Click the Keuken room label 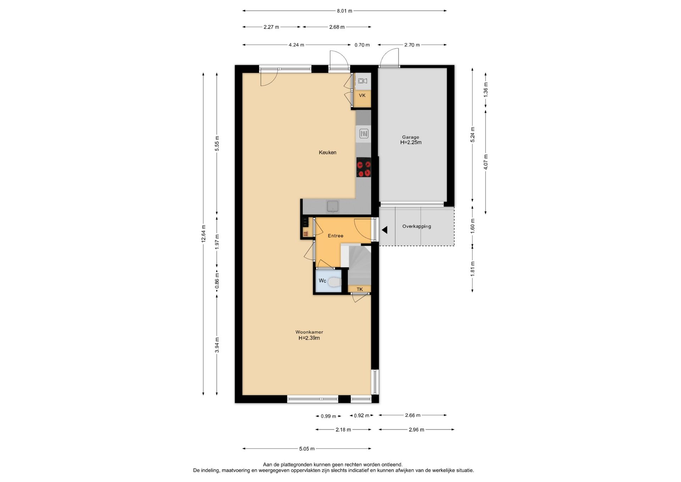[x=327, y=153]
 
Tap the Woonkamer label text [x=309, y=332]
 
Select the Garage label [x=410, y=137]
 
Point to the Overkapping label [x=417, y=226]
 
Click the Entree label [x=336, y=236]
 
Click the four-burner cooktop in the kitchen [x=364, y=167]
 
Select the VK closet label [x=362, y=95]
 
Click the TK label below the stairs [x=360, y=289]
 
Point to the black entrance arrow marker [x=384, y=230]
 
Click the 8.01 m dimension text [x=345, y=11]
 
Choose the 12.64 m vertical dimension [x=203, y=234]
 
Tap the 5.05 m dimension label [x=307, y=449]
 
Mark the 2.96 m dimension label [x=416, y=429]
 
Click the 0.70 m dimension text [x=362, y=45]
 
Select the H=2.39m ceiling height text [x=309, y=338]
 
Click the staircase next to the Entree [x=359, y=264]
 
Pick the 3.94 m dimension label [x=217, y=345]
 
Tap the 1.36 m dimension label [x=486, y=89]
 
